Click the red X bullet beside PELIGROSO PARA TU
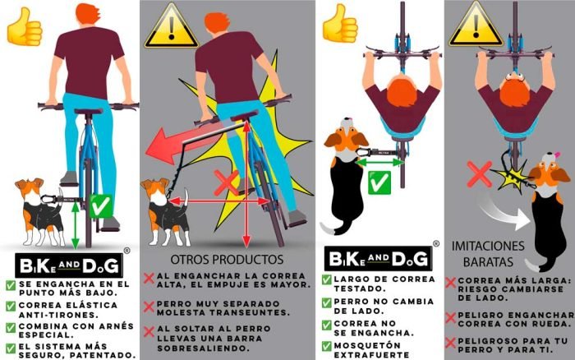(x=450, y=340)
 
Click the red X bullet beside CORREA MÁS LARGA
(x=450, y=282)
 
